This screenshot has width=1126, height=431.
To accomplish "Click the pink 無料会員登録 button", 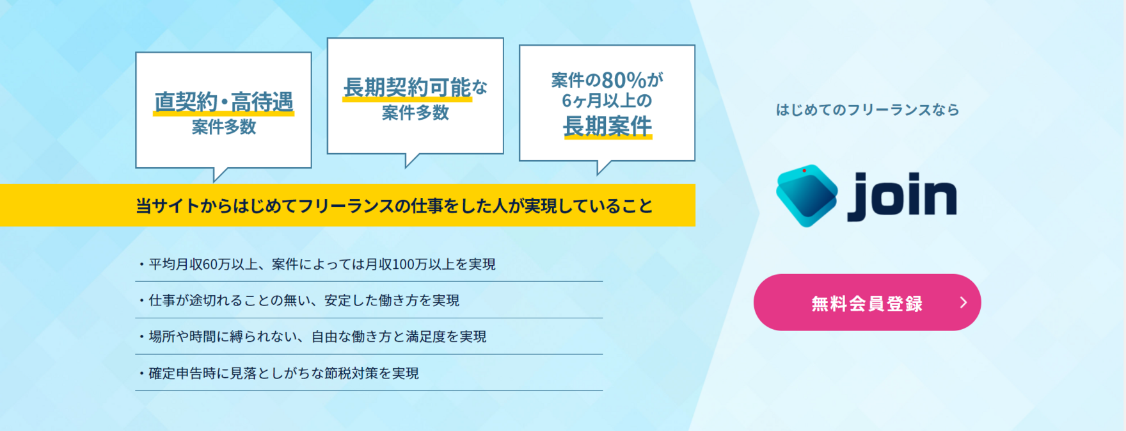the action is (x=867, y=302).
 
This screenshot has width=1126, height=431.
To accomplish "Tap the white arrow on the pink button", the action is (x=963, y=302).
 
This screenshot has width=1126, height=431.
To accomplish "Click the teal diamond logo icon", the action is (x=807, y=195).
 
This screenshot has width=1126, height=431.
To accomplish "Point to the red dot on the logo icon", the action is (x=804, y=170).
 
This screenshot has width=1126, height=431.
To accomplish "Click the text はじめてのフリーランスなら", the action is (x=868, y=110).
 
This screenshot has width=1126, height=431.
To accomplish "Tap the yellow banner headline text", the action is (x=394, y=206).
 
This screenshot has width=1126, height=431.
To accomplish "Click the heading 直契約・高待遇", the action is (x=224, y=102).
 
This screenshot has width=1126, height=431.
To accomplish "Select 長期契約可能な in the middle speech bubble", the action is (x=416, y=87).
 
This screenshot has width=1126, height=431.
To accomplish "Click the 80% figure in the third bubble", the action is (x=624, y=80).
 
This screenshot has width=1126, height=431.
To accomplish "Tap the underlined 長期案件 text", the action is (x=607, y=126).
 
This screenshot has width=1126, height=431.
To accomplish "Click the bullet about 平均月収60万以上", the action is (x=317, y=264).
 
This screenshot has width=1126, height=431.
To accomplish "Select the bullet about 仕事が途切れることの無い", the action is (x=299, y=300).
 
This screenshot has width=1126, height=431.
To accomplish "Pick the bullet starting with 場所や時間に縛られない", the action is (x=312, y=337).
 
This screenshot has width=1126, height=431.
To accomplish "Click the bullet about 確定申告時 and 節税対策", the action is (x=278, y=373).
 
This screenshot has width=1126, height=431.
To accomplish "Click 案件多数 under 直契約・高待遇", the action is (x=224, y=127).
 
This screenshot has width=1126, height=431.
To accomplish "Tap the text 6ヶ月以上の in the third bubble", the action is (x=607, y=101).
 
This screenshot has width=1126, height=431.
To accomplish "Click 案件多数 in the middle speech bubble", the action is (x=416, y=113).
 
